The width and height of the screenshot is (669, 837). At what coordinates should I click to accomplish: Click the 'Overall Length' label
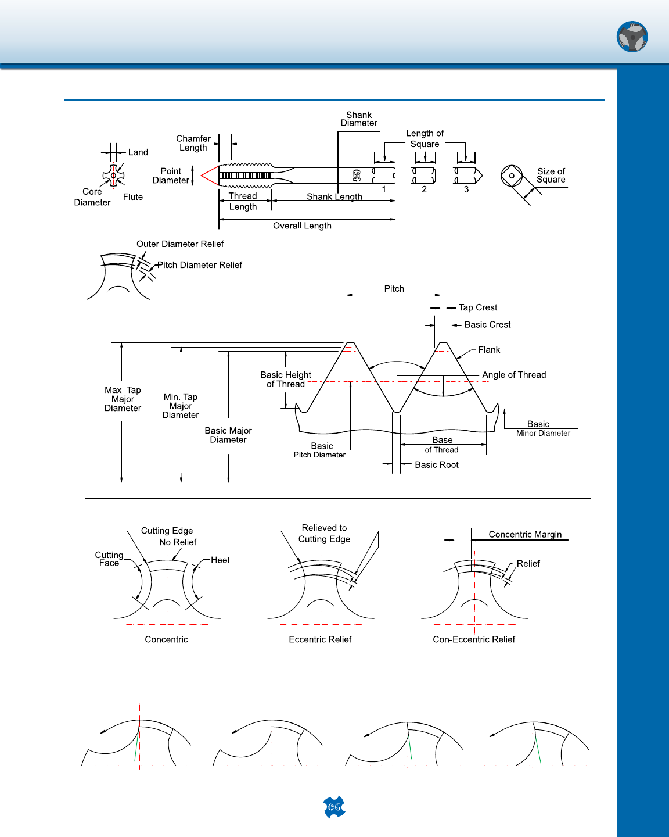coord(302,226)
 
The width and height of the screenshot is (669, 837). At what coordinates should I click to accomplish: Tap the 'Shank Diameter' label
coord(359,119)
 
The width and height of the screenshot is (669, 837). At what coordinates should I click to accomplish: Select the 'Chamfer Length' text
coord(193,143)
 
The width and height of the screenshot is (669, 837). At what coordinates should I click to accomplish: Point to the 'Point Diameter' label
coord(171,176)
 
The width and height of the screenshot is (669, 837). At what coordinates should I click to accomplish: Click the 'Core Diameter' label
coord(92,197)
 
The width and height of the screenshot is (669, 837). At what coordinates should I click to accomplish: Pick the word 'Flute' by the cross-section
coord(133,197)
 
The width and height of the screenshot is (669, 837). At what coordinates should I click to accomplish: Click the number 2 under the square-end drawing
coord(424,189)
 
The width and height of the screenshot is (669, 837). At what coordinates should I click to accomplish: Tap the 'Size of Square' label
coord(551,176)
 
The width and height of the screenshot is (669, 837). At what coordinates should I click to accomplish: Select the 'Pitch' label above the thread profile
coord(394,289)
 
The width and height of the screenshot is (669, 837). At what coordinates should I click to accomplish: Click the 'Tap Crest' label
coord(478,307)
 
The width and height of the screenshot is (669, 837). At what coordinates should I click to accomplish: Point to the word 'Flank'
coord(489,350)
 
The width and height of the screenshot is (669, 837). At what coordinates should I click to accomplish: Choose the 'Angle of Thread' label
coord(514,375)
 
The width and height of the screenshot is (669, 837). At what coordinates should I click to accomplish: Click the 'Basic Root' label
coord(437,465)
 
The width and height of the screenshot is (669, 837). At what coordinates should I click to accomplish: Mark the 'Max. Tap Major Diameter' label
coord(123,399)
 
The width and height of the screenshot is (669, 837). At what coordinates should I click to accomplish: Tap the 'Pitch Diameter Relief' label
coord(199,265)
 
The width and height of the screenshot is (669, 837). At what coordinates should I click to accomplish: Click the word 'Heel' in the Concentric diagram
coord(220,560)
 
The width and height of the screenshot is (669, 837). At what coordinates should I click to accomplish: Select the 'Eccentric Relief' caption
coord(320,639)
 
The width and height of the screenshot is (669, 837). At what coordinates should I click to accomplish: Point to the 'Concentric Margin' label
coord(525,534)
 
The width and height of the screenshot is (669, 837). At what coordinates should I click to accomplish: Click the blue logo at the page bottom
coord(334,807)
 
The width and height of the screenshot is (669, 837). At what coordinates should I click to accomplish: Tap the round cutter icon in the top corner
coord(632,37)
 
